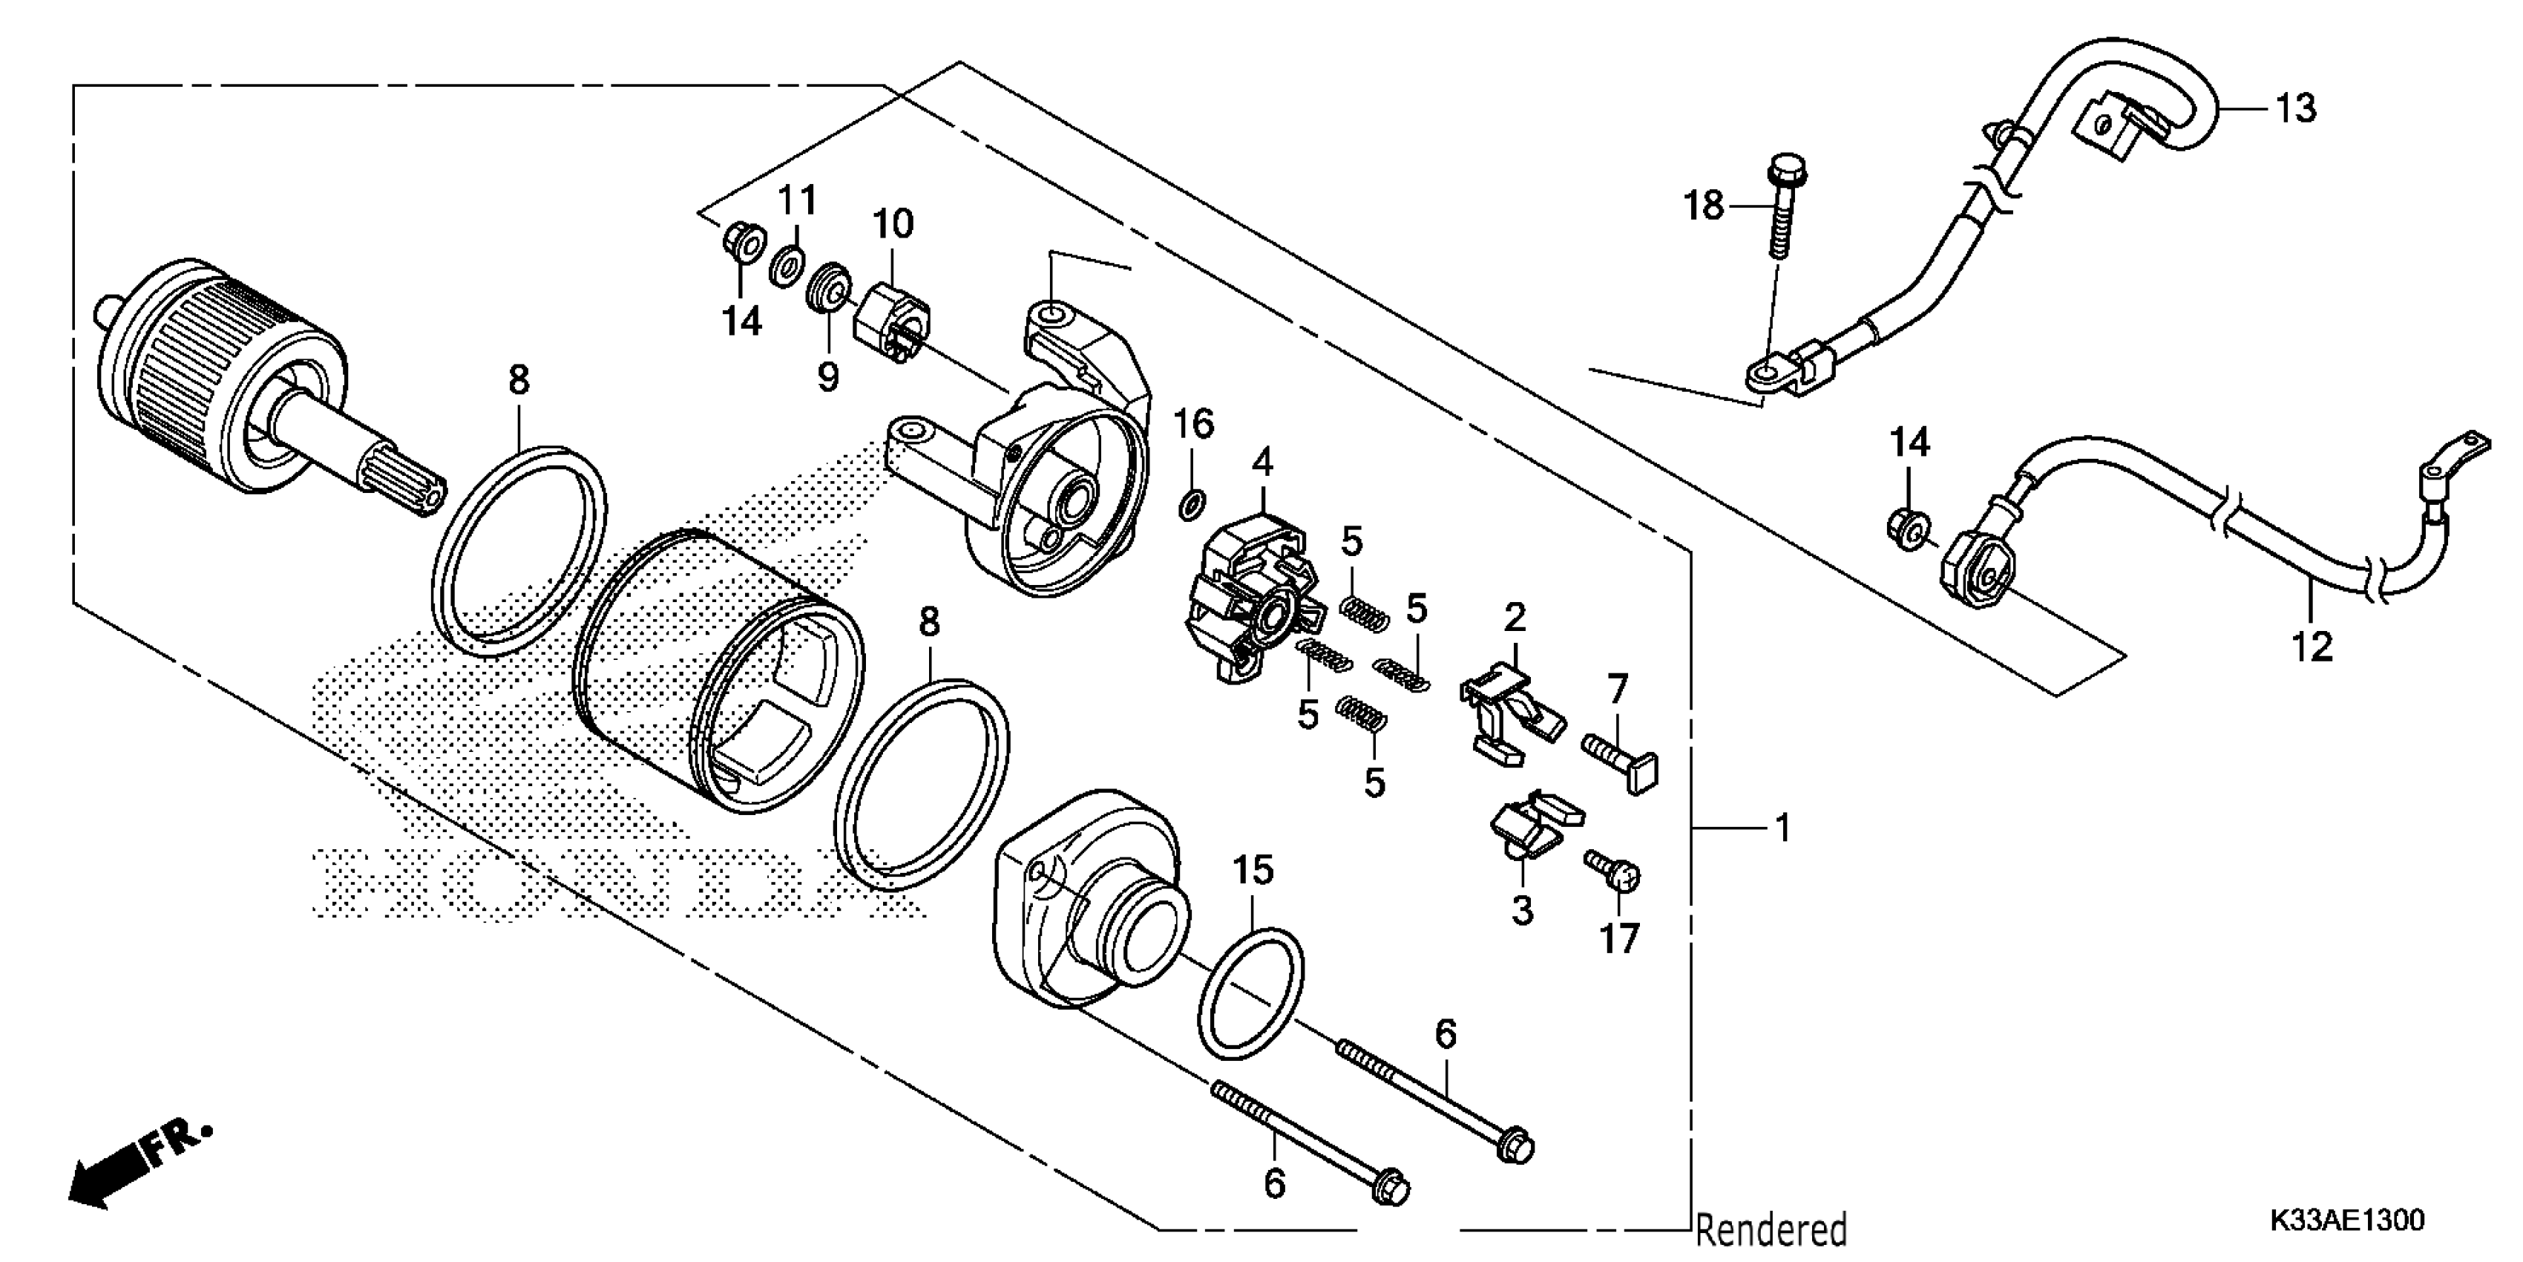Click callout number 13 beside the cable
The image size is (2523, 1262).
[x=2294, y=108]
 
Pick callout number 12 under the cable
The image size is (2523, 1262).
[x=2312, y=647]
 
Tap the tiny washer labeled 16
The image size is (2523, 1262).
[x=1191, y=506]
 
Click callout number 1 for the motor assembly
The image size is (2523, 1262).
[x=1782, y=828]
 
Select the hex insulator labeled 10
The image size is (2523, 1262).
[x=891, y=318]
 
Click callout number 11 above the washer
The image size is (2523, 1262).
[x=796, y=201]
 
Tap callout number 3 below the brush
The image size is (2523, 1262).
[x=1521, y=910]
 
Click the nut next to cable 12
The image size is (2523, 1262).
[x=1906, y=529]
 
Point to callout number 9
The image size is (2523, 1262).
[x=829, y=376]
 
